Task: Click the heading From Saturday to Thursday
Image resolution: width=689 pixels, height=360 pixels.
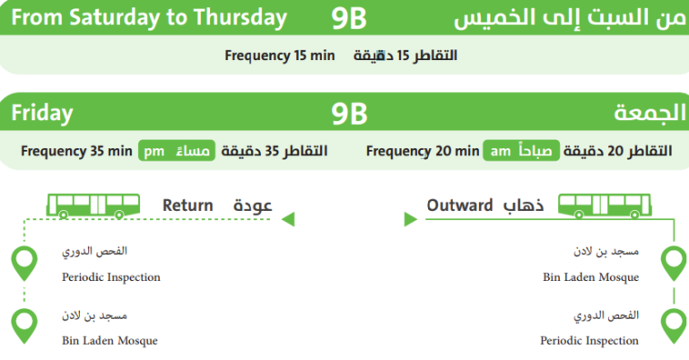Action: (x=150, y=17)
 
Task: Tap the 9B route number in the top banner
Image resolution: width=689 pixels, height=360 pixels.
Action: (x=348, y=17)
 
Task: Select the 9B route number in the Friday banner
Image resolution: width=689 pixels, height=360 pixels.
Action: (x=348, y=114)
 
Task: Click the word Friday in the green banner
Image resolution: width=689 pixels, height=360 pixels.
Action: (x=42, y=114)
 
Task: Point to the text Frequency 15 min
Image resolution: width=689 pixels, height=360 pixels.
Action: (x=279, y=56)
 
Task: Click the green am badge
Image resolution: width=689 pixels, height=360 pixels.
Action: (x=499, y=151)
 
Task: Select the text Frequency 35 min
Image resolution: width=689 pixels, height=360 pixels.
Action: (x=76, y=151)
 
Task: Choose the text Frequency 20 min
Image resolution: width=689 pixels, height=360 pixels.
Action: (x=423, y=151)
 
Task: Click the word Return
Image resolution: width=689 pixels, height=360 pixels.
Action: (x=188, y=206)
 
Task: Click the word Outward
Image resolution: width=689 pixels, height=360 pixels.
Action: (x=459, y=206)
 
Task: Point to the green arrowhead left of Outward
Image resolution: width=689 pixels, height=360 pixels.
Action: (x=409, y=218)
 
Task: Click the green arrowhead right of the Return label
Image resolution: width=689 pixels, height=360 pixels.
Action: (x=288, y=218)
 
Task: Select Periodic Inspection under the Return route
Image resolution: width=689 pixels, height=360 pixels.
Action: (x=111, y=277)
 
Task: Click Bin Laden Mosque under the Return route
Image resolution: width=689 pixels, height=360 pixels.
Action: (x=109, y=341)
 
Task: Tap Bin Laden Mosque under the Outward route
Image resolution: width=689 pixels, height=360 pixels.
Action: (x=591, y=277)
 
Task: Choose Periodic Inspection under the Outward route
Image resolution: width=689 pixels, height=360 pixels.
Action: (x=589, y=341)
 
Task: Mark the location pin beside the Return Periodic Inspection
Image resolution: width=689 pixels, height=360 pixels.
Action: (x=24, y=263)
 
